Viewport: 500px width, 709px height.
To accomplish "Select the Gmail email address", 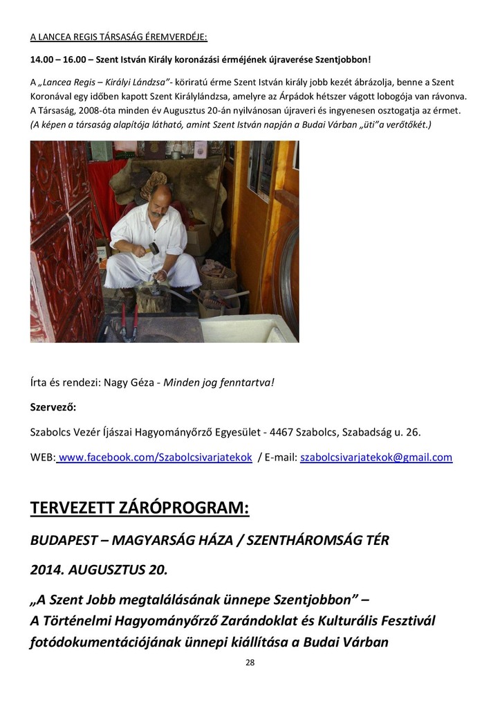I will pos(376,458).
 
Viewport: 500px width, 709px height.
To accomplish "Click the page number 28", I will pos(250,663).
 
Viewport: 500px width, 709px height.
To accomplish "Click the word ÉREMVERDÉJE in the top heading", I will pos(176,37).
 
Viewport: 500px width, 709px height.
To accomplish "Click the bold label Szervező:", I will pos(53,406).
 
